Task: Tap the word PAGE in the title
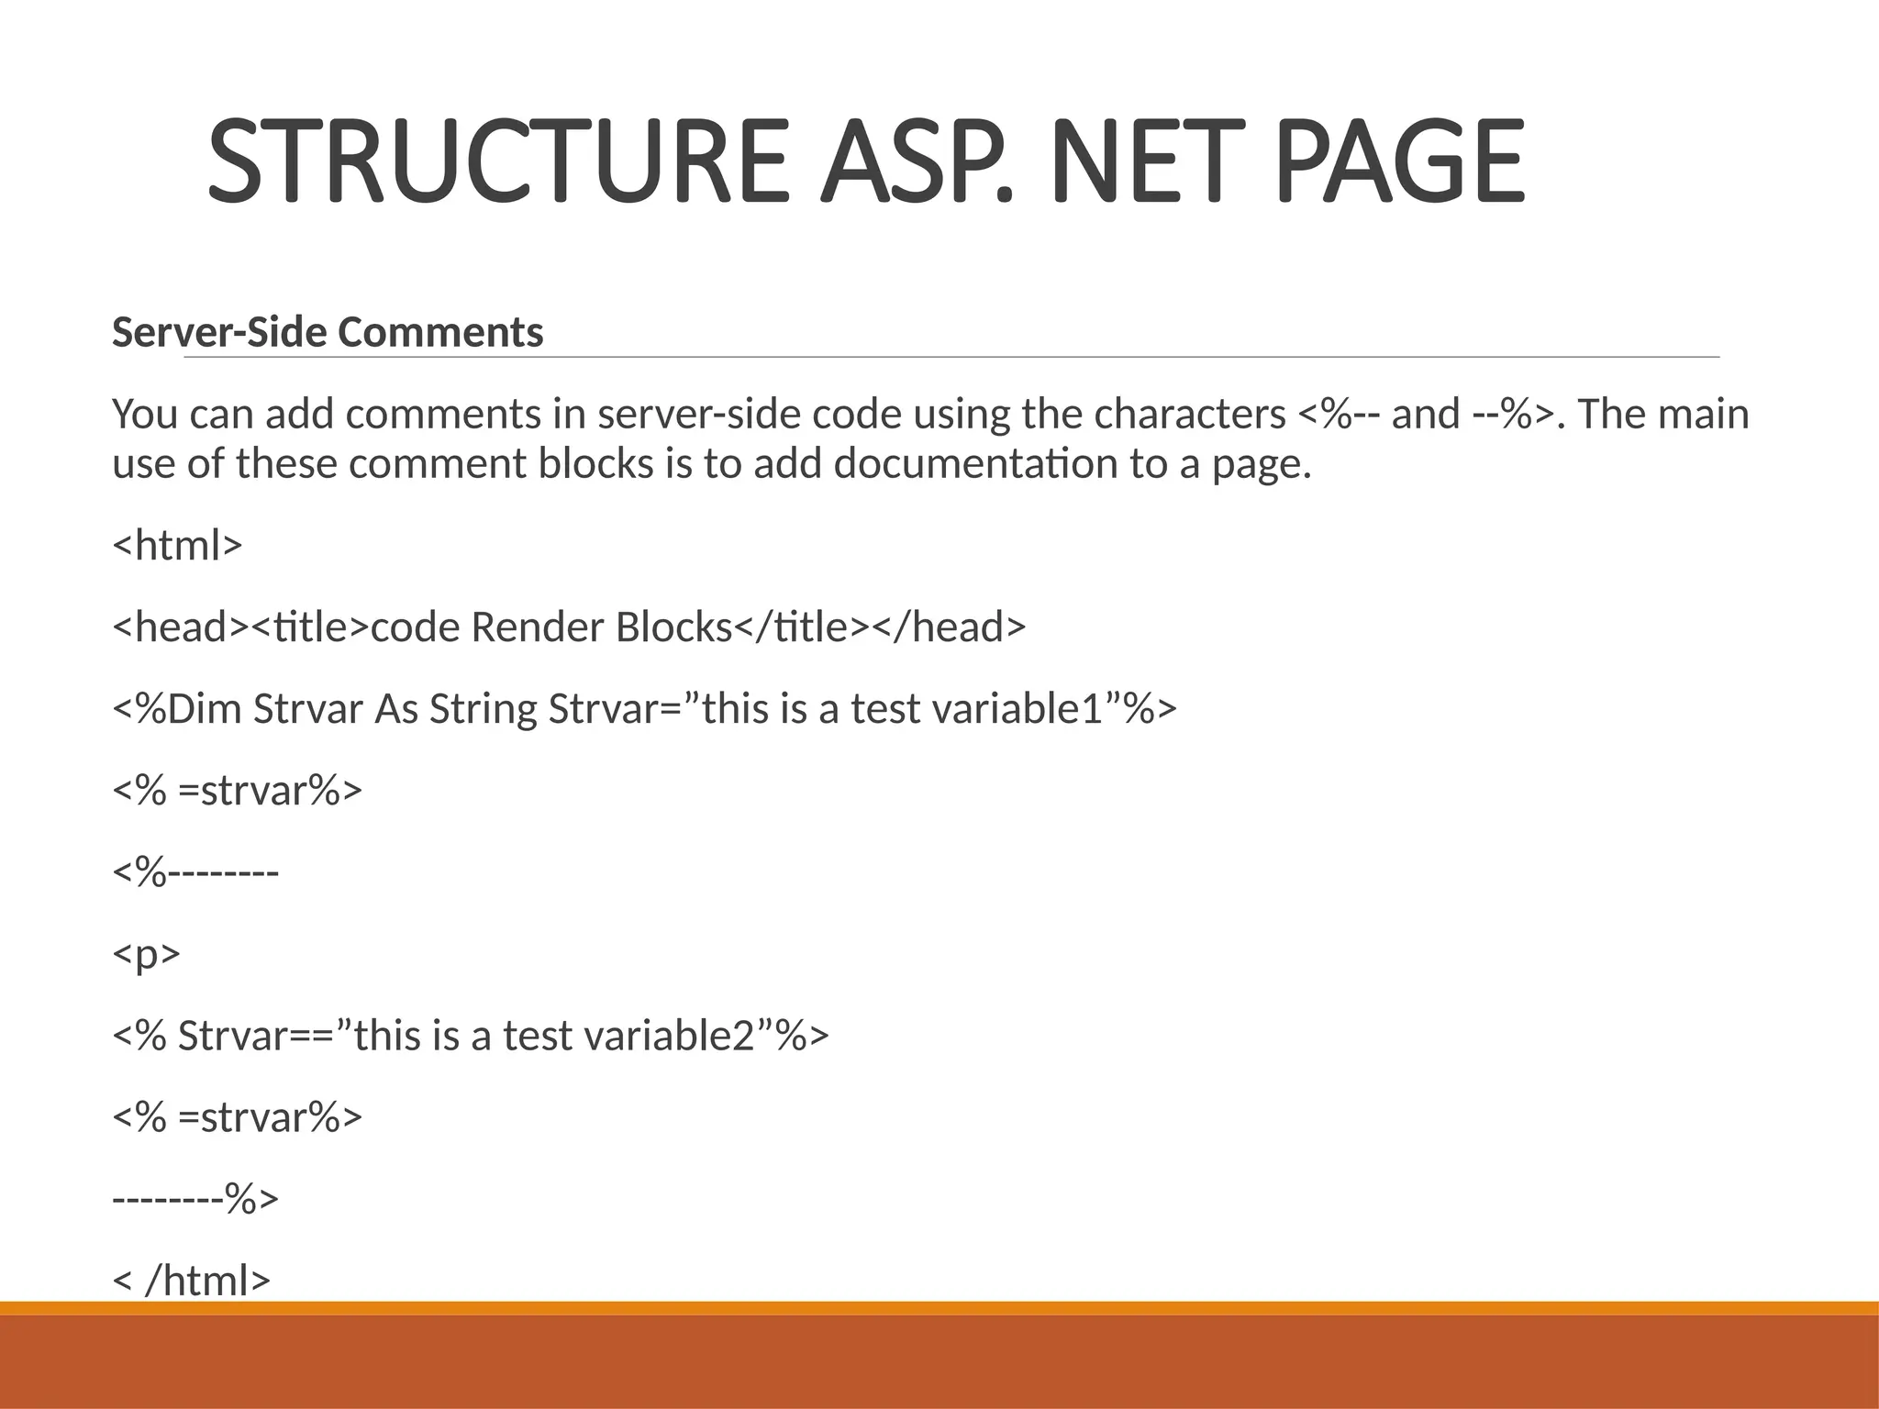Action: point(1400,161)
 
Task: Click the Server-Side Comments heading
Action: point(328,332)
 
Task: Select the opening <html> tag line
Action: point(177,545)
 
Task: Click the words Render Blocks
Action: point(601,627)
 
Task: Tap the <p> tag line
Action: point(146,954)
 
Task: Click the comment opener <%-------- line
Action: point(195,872)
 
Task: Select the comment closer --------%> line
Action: point(195,1199)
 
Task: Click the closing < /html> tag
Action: point(192,1281)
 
